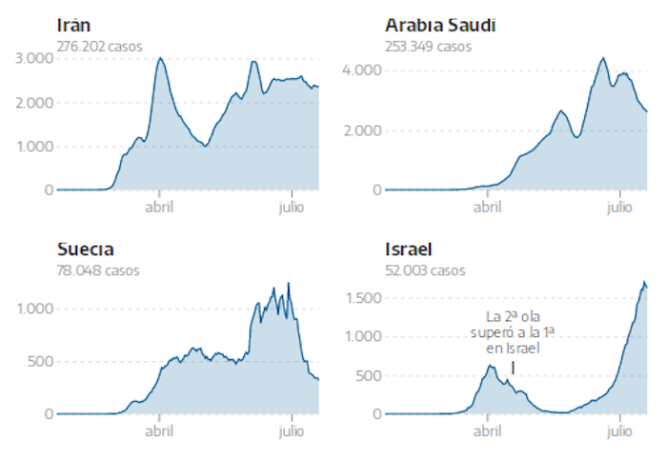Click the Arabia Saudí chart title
pos(440,25)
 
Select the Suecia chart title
pos(86,250)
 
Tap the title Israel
pos(409,250)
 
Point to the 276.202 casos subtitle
pos(99,46)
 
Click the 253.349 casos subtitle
pos(428,46)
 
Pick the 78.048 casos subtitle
pos(98,270)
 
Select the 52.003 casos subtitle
pos(426,270)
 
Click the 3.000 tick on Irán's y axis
pos(34,58)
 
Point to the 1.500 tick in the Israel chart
pos(363,298)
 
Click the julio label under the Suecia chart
pos(292,430)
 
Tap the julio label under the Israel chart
pos(620,430)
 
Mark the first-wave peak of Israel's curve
pos(491,365)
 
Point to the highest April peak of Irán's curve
pos(160,58)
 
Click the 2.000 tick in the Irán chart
pos(34,102)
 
